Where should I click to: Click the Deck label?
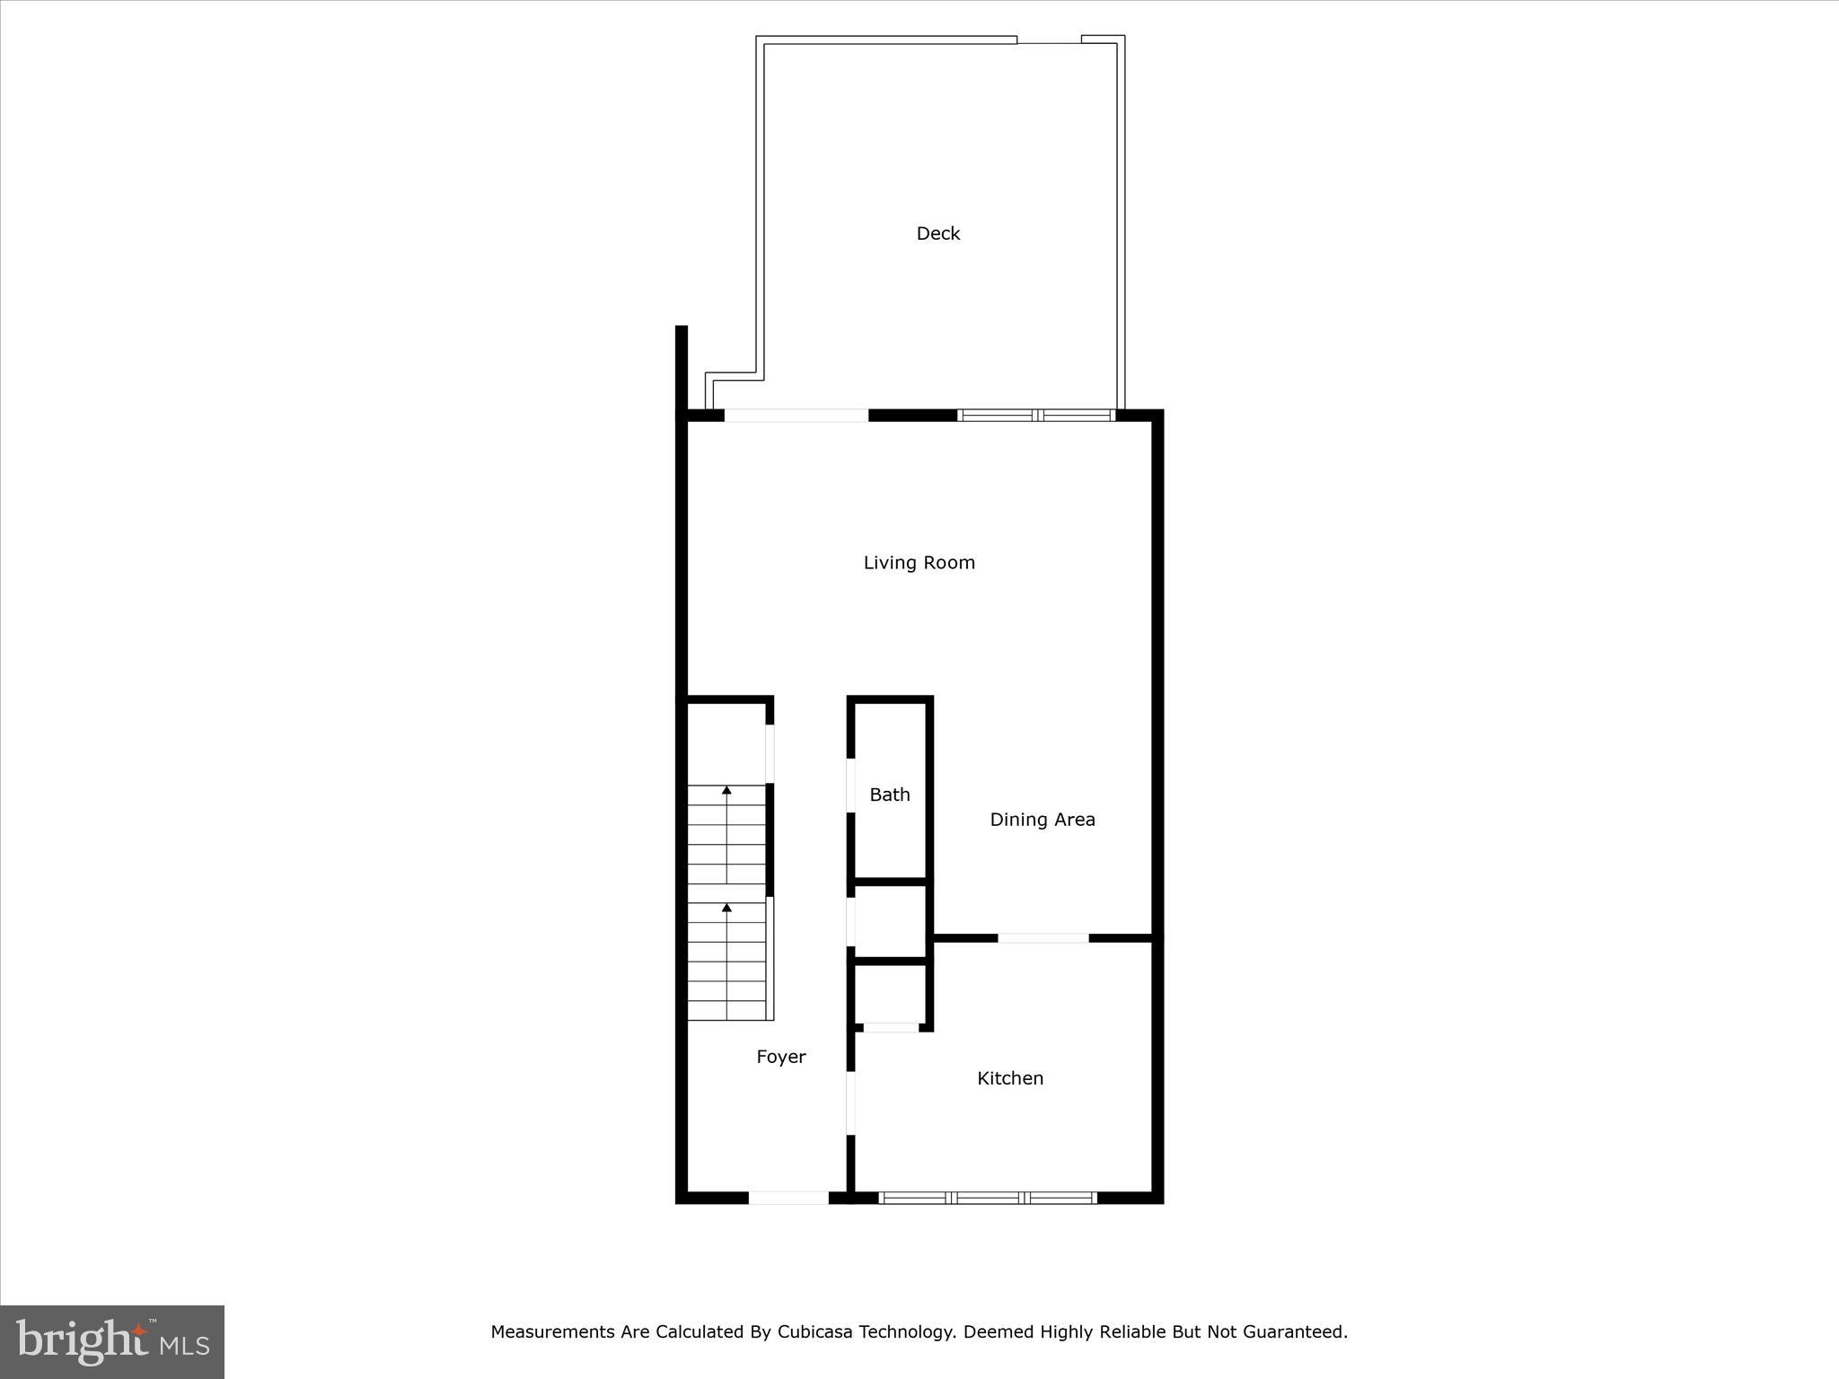tap(937, 233)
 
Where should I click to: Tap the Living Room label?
tap(919, 563)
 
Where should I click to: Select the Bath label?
tap(889, 795)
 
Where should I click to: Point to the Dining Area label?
tap(1042, 820)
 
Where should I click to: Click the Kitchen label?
tap(1009, 1078)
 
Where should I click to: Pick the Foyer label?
tap(780, 1057)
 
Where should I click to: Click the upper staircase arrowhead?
tap(726, 790)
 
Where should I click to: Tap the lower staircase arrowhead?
tap(726, 908)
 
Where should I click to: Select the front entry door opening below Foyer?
tap(788, 1198)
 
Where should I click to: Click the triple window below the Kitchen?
tap(987, 1198)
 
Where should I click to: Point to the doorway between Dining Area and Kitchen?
tap(1043, 938)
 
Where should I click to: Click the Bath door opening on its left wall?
tap(850, 786)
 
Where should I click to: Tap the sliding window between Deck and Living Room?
tap(1036, 415)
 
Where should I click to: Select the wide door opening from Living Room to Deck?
tap(796, 415)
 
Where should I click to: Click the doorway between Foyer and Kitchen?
tap(850, 1102)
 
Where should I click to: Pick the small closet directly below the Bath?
tap(889, 921)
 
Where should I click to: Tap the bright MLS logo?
tap(112, 1341)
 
